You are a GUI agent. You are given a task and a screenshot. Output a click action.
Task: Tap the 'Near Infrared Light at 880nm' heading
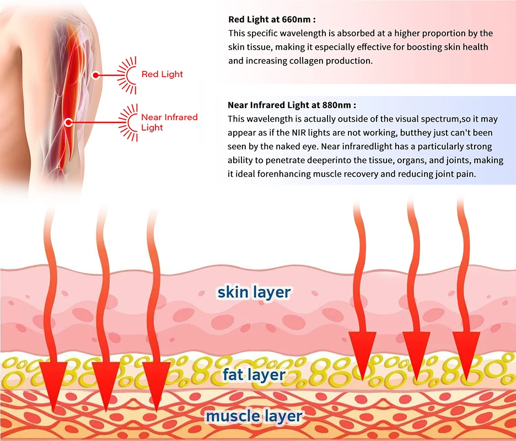coord(292,105)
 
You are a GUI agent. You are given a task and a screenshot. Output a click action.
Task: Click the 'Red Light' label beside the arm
coord(162,74)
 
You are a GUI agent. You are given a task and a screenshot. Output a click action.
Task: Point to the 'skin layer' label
coord(254,292)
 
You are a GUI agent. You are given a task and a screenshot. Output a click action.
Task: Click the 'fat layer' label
coord(254,375)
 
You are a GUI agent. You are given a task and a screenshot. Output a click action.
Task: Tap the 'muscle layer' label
coord(254,416)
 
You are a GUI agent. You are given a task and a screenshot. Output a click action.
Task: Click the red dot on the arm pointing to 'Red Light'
coord(96,74)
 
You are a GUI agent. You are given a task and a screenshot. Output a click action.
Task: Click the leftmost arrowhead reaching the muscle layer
coord(53,386)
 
